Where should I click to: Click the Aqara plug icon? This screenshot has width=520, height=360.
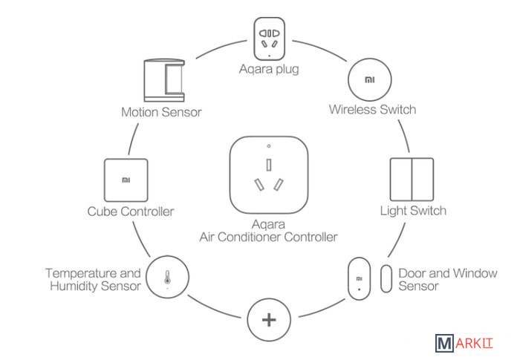tap(269, 39)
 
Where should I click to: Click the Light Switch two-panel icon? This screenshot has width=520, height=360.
tap(410, 177)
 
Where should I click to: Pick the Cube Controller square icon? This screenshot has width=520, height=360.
tap(125, 179)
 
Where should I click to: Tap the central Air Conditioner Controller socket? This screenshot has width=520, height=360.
tap(268, 175)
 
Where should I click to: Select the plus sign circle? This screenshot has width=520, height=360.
tap(268, 321)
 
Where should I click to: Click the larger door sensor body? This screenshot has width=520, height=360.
tap(358, 280)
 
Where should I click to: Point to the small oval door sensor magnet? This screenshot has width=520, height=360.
tap(386, 278)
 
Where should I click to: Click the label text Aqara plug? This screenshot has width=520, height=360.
tap(268, 71)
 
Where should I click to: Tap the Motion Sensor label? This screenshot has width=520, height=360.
tap(161, 114)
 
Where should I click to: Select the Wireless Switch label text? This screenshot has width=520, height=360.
tap(372, 110)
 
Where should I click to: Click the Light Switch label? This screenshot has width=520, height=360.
tap(413, 211)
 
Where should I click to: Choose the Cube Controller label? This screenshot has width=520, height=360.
tap(130, 212)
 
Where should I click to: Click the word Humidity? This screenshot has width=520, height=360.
tap(74, 287)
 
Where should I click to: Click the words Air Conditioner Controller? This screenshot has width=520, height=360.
tap(268, 238)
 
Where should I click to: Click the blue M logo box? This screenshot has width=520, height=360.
tap(444, 344)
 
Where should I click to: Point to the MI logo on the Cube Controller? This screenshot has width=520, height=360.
tap(125, 179)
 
